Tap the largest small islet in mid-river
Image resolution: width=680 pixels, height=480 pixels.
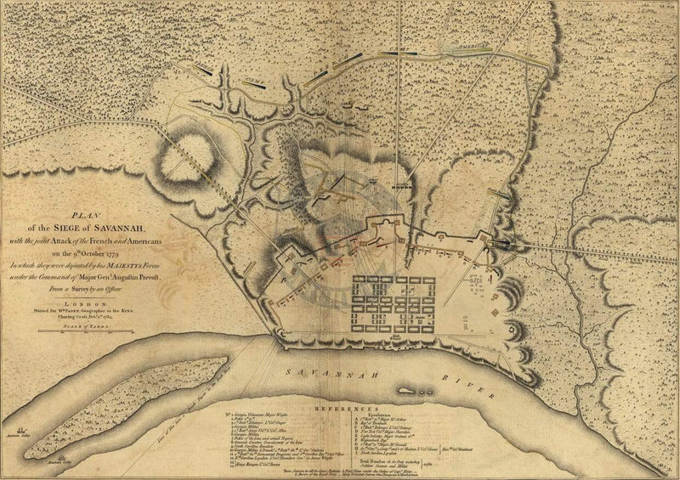pos(409,392)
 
